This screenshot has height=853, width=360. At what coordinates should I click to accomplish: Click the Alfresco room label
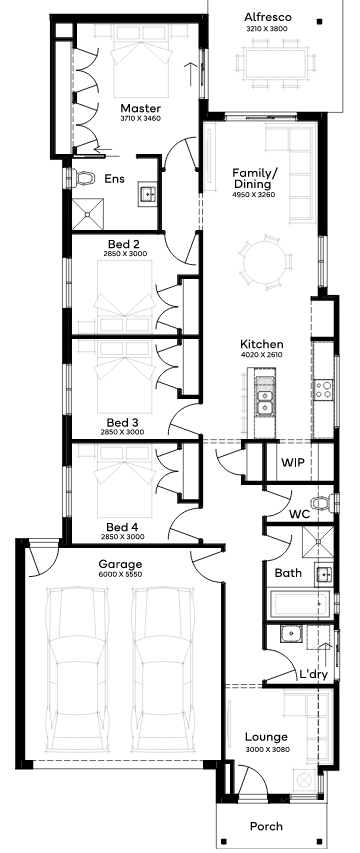pos(268,17)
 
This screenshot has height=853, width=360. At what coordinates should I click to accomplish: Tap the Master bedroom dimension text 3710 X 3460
pos(141,118)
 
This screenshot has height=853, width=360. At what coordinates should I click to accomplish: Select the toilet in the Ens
pos(83,177)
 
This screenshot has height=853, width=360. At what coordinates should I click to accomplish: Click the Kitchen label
pos(262,344)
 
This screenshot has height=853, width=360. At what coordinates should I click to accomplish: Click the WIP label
pos(293,463)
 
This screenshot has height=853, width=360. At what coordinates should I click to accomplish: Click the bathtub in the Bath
pos(300,604)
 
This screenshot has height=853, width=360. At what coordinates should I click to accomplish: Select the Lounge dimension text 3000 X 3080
pos(266,749)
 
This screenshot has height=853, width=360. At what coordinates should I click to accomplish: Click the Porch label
pos(266,826)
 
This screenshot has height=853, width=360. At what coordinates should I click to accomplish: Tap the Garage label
pos(120,564)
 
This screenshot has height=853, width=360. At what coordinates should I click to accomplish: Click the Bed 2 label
pos(125,244)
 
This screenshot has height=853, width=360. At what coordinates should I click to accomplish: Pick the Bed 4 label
pos(122,527)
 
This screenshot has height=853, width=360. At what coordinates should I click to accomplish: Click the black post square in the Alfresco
pos(320,22)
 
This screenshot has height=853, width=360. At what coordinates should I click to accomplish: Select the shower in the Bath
pos(318,542)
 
